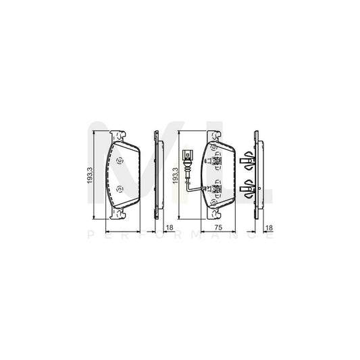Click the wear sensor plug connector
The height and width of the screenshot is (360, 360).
[x=186, y=155]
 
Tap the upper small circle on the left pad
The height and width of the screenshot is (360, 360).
[x=119, y=161]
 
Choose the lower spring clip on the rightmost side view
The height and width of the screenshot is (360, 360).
[x=248, y=189]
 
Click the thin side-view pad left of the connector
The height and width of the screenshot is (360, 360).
[x=157, y=176]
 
